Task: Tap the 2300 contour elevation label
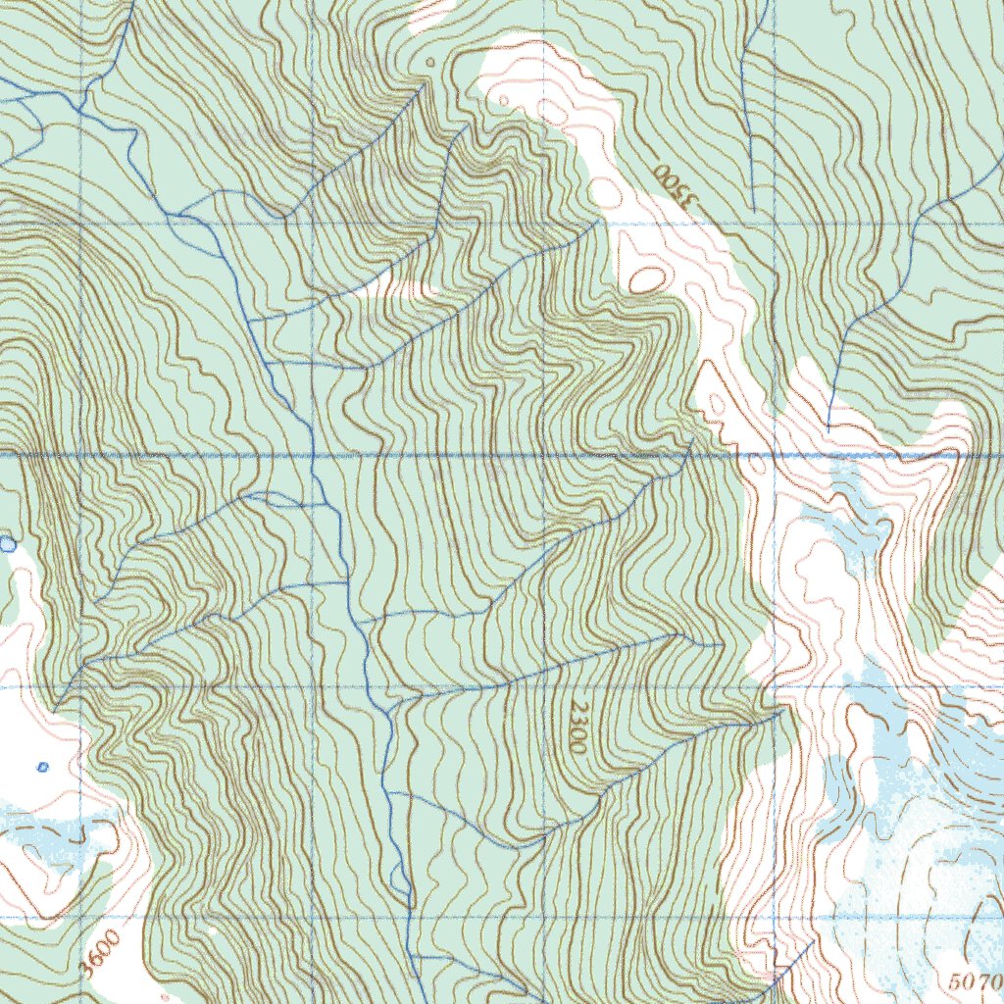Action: click(578, 727)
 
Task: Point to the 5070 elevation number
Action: click(976, 980)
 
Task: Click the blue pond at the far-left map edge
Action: click(8, 543)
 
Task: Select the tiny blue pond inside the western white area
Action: click(42, 767)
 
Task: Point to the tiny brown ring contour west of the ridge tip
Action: click(430, 62)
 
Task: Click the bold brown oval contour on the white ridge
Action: click(644, 278)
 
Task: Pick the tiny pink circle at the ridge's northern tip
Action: click(503, 99)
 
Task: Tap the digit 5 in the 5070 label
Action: click(958, 980)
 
